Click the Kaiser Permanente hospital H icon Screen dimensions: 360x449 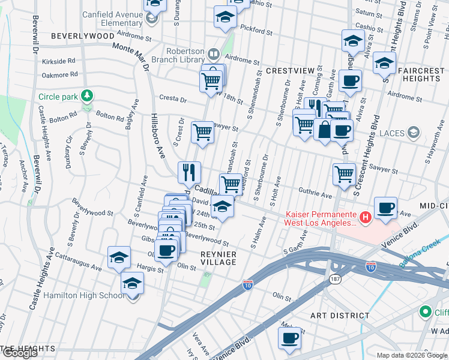[363, 216]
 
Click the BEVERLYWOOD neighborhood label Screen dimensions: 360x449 [82, 36]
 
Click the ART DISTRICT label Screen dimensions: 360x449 [340, 315]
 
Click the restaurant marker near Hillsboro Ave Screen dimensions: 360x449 [190, 172]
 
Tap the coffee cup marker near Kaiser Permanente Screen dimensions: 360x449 [385, 208]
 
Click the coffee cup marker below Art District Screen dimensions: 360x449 [289, 338]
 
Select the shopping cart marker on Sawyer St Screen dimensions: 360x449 [202, 132]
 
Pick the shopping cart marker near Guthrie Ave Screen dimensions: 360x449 [344, 174]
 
